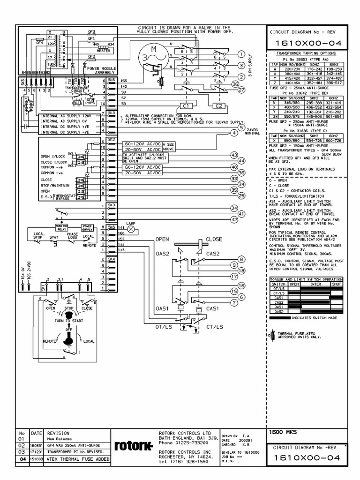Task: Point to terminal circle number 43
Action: [x=234, y=154]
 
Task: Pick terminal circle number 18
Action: [x=241, y=271]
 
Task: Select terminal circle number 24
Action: [x=234, y=207]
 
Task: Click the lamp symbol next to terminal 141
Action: [x=131, y=229]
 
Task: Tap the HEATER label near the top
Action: [x=103, y=51]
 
